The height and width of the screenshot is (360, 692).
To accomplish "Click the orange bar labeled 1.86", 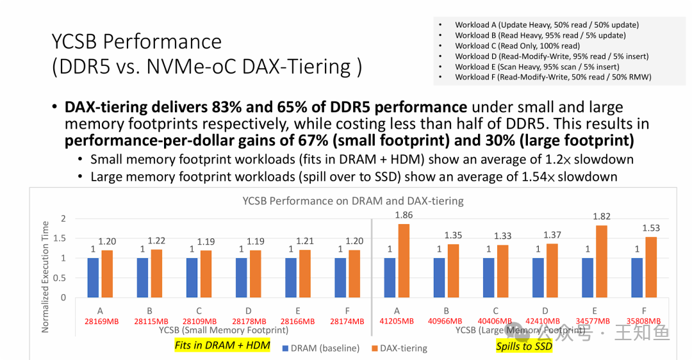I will click(x=404, y=261).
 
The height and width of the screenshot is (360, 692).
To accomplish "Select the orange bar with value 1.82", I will click(x=602, y=261).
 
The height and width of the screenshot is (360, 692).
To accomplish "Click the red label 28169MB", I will click(x=101, y=321).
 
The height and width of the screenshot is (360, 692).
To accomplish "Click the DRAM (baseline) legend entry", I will click(x=320, y=348).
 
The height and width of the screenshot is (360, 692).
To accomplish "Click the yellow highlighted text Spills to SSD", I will click(x=523, y=347).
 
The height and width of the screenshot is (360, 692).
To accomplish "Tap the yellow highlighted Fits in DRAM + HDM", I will click(x=222, y=346).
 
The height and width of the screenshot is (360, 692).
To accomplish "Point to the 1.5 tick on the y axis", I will click(x=59, y=238).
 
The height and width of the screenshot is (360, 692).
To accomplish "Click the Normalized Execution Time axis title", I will click(x=45, y=277).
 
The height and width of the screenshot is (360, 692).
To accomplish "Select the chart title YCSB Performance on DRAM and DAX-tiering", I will click(x=352, y=201).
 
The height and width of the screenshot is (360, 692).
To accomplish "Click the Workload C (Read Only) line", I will click(x=517, y=46).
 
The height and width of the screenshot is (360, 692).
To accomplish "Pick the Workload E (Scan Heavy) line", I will click(x=537, y=67).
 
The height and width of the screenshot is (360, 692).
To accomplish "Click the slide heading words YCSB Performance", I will click(x=136, y=42).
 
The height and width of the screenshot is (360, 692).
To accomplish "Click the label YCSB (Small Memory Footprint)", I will click(x=224, y=331).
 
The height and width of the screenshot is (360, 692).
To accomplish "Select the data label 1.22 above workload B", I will click(x=156, y=241).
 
